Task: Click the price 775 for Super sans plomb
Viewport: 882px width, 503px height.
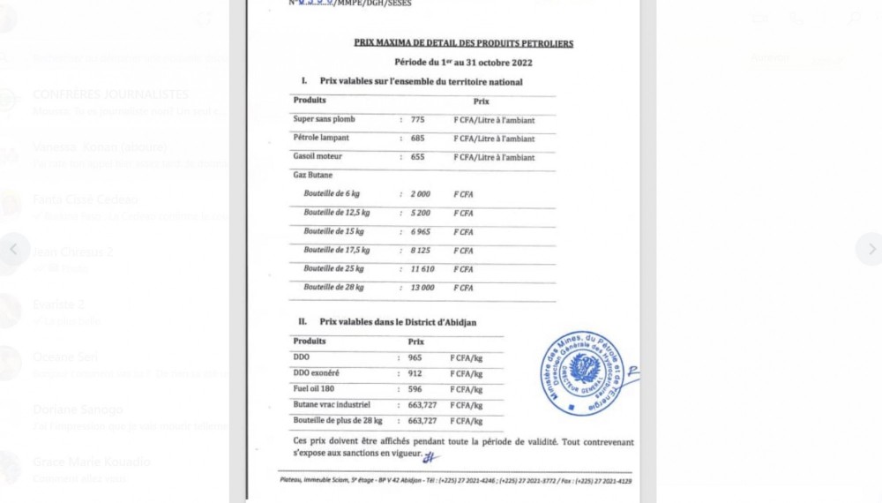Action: (418, 119)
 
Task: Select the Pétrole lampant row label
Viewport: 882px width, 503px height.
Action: (324, 139)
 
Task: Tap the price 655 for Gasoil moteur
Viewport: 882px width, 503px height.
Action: (418, 157)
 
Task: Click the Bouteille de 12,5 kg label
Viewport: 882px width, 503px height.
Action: (337, 213)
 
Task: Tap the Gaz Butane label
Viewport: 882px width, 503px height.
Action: (313, 176)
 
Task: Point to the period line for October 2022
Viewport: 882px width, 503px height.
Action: (463, 63)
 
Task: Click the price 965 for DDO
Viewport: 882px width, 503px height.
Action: (416, 358)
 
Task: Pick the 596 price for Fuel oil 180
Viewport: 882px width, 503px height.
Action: (416, 389)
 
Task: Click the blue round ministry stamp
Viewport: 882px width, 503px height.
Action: (582, 370)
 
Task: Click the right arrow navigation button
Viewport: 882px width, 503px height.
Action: (869, 249)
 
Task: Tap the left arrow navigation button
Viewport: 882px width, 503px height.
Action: (13, 249)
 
